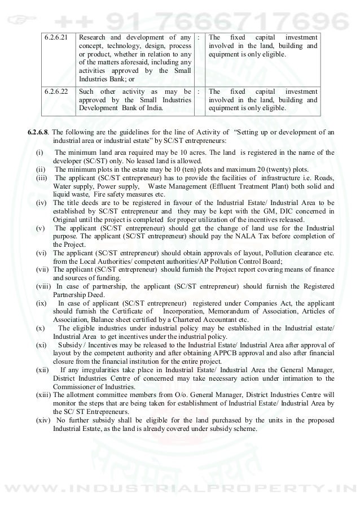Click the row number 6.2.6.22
[x=57, y=92]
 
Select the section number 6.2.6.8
[x=42, y=133]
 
